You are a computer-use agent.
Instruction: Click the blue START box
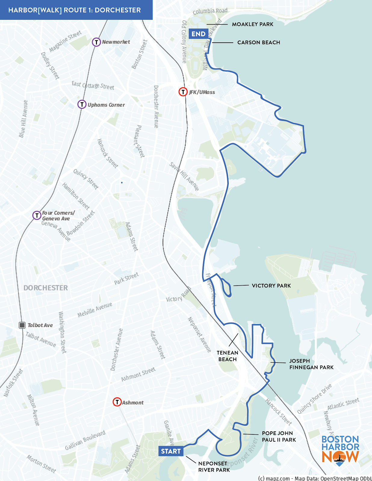(x=171, y=451)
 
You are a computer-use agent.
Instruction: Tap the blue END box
(x=198, y=34)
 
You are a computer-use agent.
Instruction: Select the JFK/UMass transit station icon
(x=183, y=92)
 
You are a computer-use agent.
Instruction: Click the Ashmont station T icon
(x=117, y=402)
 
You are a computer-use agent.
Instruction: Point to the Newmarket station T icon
(x=96, y=42)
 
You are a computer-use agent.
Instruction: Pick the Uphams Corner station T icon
(x=82, y=105)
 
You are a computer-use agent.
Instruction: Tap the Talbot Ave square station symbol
(x=22, y=325)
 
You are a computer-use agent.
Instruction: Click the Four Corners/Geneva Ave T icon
(x=37, y=215)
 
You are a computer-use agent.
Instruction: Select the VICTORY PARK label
(x=271, y=286)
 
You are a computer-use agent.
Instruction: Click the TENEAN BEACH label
(x=228, y=356)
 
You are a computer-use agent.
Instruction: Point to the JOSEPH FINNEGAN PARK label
(x=311, y=364)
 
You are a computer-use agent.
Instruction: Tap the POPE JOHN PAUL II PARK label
(x=279, y=437)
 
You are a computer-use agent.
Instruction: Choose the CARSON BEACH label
(x=259, y=42)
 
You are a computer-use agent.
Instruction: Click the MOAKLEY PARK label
(x=253, y=24)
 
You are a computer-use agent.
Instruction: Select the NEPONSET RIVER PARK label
(x=214, y=467)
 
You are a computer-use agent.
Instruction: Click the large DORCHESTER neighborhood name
(x=46, y=288)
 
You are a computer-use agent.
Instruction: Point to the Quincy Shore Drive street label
(x=314, y=399)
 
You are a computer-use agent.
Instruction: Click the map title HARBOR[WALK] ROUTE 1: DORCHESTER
(x=74, y=10)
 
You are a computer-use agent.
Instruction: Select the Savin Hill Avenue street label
(x=184, y=176)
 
